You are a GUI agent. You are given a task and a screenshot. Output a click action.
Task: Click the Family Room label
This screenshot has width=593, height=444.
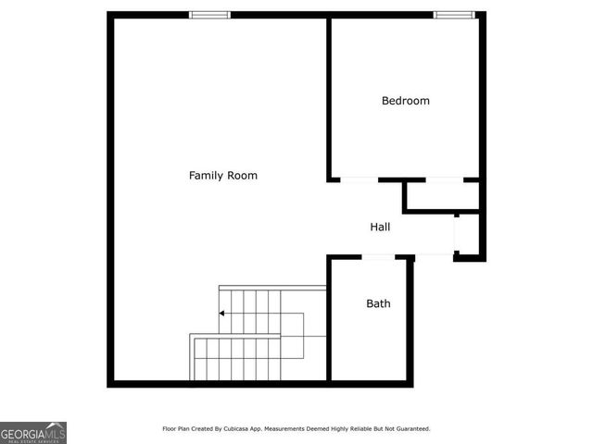223,175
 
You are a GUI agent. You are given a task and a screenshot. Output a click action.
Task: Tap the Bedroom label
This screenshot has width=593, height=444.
406,101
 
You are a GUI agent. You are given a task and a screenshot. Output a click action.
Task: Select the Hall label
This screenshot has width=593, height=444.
380,227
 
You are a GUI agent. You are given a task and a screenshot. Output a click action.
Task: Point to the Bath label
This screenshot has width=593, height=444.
378,303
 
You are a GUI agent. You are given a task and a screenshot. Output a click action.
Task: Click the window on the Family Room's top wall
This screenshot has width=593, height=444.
210,15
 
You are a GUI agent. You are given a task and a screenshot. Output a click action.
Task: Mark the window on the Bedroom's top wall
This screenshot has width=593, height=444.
454,15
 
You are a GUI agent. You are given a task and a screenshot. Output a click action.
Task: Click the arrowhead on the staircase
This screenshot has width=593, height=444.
222,314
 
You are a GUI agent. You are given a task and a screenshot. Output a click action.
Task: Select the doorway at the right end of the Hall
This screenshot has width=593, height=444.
456,234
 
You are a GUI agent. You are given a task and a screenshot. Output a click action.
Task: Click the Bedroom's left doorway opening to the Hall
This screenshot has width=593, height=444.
359,179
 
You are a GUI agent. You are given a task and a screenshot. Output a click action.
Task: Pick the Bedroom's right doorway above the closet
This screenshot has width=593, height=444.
445,179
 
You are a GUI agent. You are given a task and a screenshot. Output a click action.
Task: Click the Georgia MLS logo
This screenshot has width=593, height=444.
33,432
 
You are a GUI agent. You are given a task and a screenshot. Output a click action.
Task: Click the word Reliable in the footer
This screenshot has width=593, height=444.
358,428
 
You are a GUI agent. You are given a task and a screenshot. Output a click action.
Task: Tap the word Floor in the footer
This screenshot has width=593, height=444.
170,428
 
